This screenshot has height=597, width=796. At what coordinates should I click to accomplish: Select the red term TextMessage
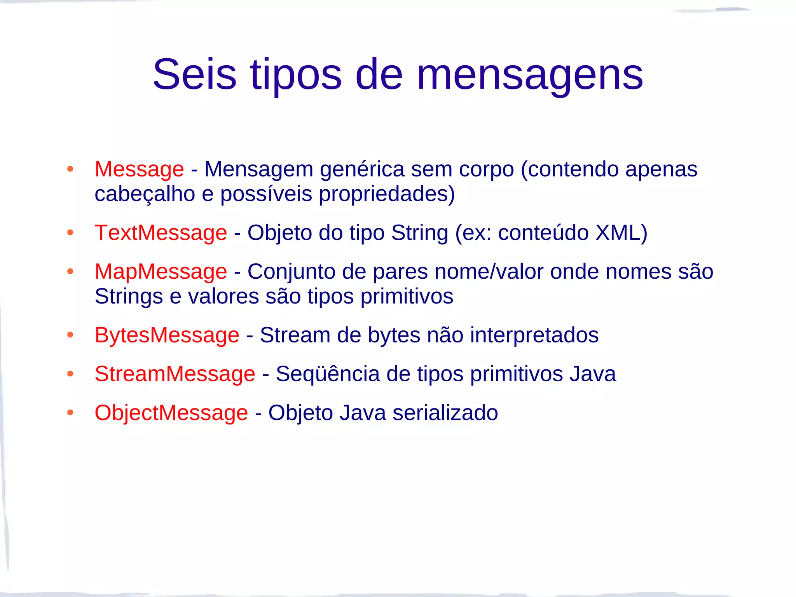[161, 233]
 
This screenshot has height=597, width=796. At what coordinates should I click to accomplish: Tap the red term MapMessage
[161, 271]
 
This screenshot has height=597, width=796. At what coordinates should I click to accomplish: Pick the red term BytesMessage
[167, 335]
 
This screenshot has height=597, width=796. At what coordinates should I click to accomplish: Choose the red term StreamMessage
[175, 374]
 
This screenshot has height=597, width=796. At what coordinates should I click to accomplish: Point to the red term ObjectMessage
[171, 413]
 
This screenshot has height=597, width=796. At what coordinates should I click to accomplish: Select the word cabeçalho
[145, 194]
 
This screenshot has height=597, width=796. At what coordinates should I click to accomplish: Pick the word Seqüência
[327, 374]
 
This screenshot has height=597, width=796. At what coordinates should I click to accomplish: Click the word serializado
[445, 413]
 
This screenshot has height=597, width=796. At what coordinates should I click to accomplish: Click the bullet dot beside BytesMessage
[70, 335]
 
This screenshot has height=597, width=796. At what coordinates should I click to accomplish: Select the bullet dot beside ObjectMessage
[70, 412]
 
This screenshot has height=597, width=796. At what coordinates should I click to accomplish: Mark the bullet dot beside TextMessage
[70, 232]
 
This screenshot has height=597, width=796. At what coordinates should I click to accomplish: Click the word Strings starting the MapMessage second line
[129, 297]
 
